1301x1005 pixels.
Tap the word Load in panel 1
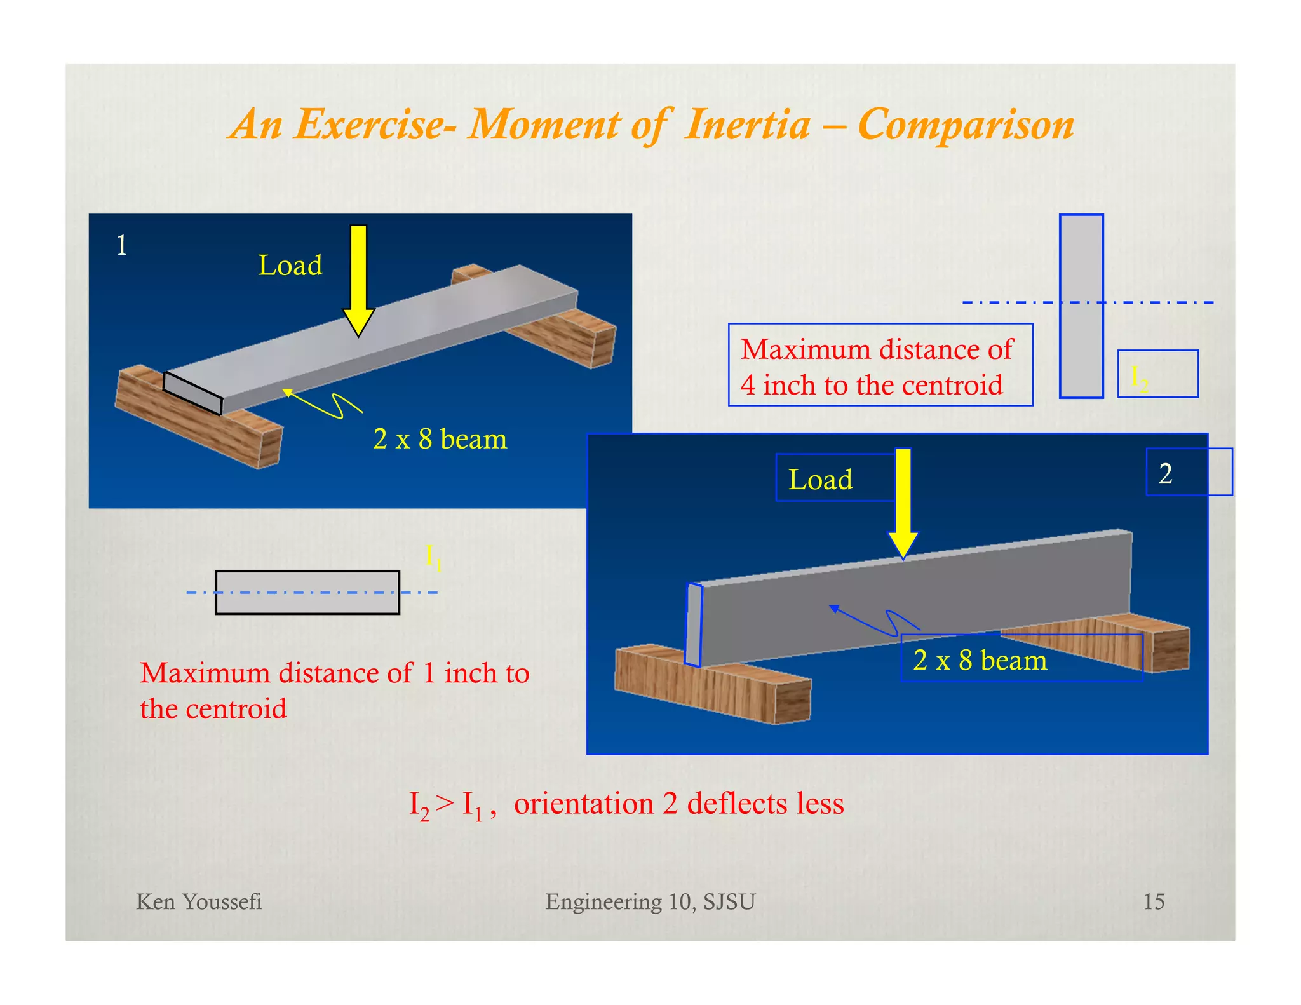coord(290,266)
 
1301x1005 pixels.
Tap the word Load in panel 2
coord(820,480)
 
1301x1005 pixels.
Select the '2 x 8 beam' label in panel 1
coord(440,439)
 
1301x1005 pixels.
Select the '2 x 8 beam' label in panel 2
coord(980,660)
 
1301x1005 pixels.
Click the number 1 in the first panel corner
coord(122,245)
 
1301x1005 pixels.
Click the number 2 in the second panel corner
coord(1165,474)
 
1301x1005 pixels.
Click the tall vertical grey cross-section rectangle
coord(1081,306)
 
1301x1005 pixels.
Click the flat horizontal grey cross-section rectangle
coord(307,592)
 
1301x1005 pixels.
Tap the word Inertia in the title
coord(747,125)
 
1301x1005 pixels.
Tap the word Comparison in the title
coord(966,125)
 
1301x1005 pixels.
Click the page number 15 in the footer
coord(1154,901)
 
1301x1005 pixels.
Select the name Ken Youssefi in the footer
coord(199,901)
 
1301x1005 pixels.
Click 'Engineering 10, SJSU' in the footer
coord(650,901)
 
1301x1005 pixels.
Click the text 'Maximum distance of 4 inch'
coord(877,367)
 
